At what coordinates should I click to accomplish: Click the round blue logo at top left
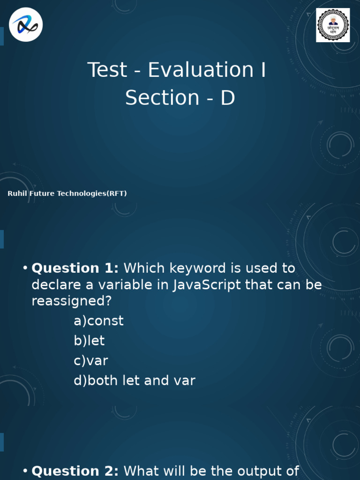[x=25, y=25]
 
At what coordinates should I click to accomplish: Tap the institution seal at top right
[x=333, y=25]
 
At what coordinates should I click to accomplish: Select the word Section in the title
[x=162, y=97]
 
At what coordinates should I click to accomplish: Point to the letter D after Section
[x=227, y=97]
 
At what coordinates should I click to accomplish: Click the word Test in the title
[x=107, y=70]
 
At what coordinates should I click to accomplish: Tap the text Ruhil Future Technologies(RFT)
[x=67, y=193]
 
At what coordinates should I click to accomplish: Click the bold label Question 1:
[x=75, y=268]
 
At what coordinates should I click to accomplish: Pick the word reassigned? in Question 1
[x=72, y=301]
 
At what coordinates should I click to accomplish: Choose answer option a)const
[x=98, y=321]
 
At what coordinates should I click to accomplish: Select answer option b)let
[x=89, y=341]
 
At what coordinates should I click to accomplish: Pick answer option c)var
[x=91, y=361]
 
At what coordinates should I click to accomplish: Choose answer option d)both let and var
[x=134, y=381]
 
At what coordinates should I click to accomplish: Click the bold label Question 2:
[x=75, y=471]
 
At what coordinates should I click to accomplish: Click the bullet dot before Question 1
[x=25, y=268]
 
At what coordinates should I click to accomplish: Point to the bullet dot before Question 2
[x=25, y=471]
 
